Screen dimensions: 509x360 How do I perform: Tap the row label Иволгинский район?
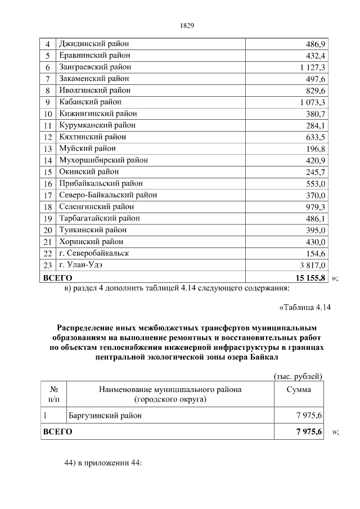[94, 90]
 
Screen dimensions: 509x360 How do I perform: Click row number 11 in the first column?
[48, 125]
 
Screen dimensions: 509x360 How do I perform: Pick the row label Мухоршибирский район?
[103, 160]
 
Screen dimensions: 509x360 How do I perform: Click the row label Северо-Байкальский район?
[107, 195]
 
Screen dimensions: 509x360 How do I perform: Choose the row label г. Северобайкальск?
[94, 253]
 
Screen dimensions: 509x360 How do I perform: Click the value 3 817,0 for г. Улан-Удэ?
[309, 265]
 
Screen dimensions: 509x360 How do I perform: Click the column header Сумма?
[299, 389]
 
